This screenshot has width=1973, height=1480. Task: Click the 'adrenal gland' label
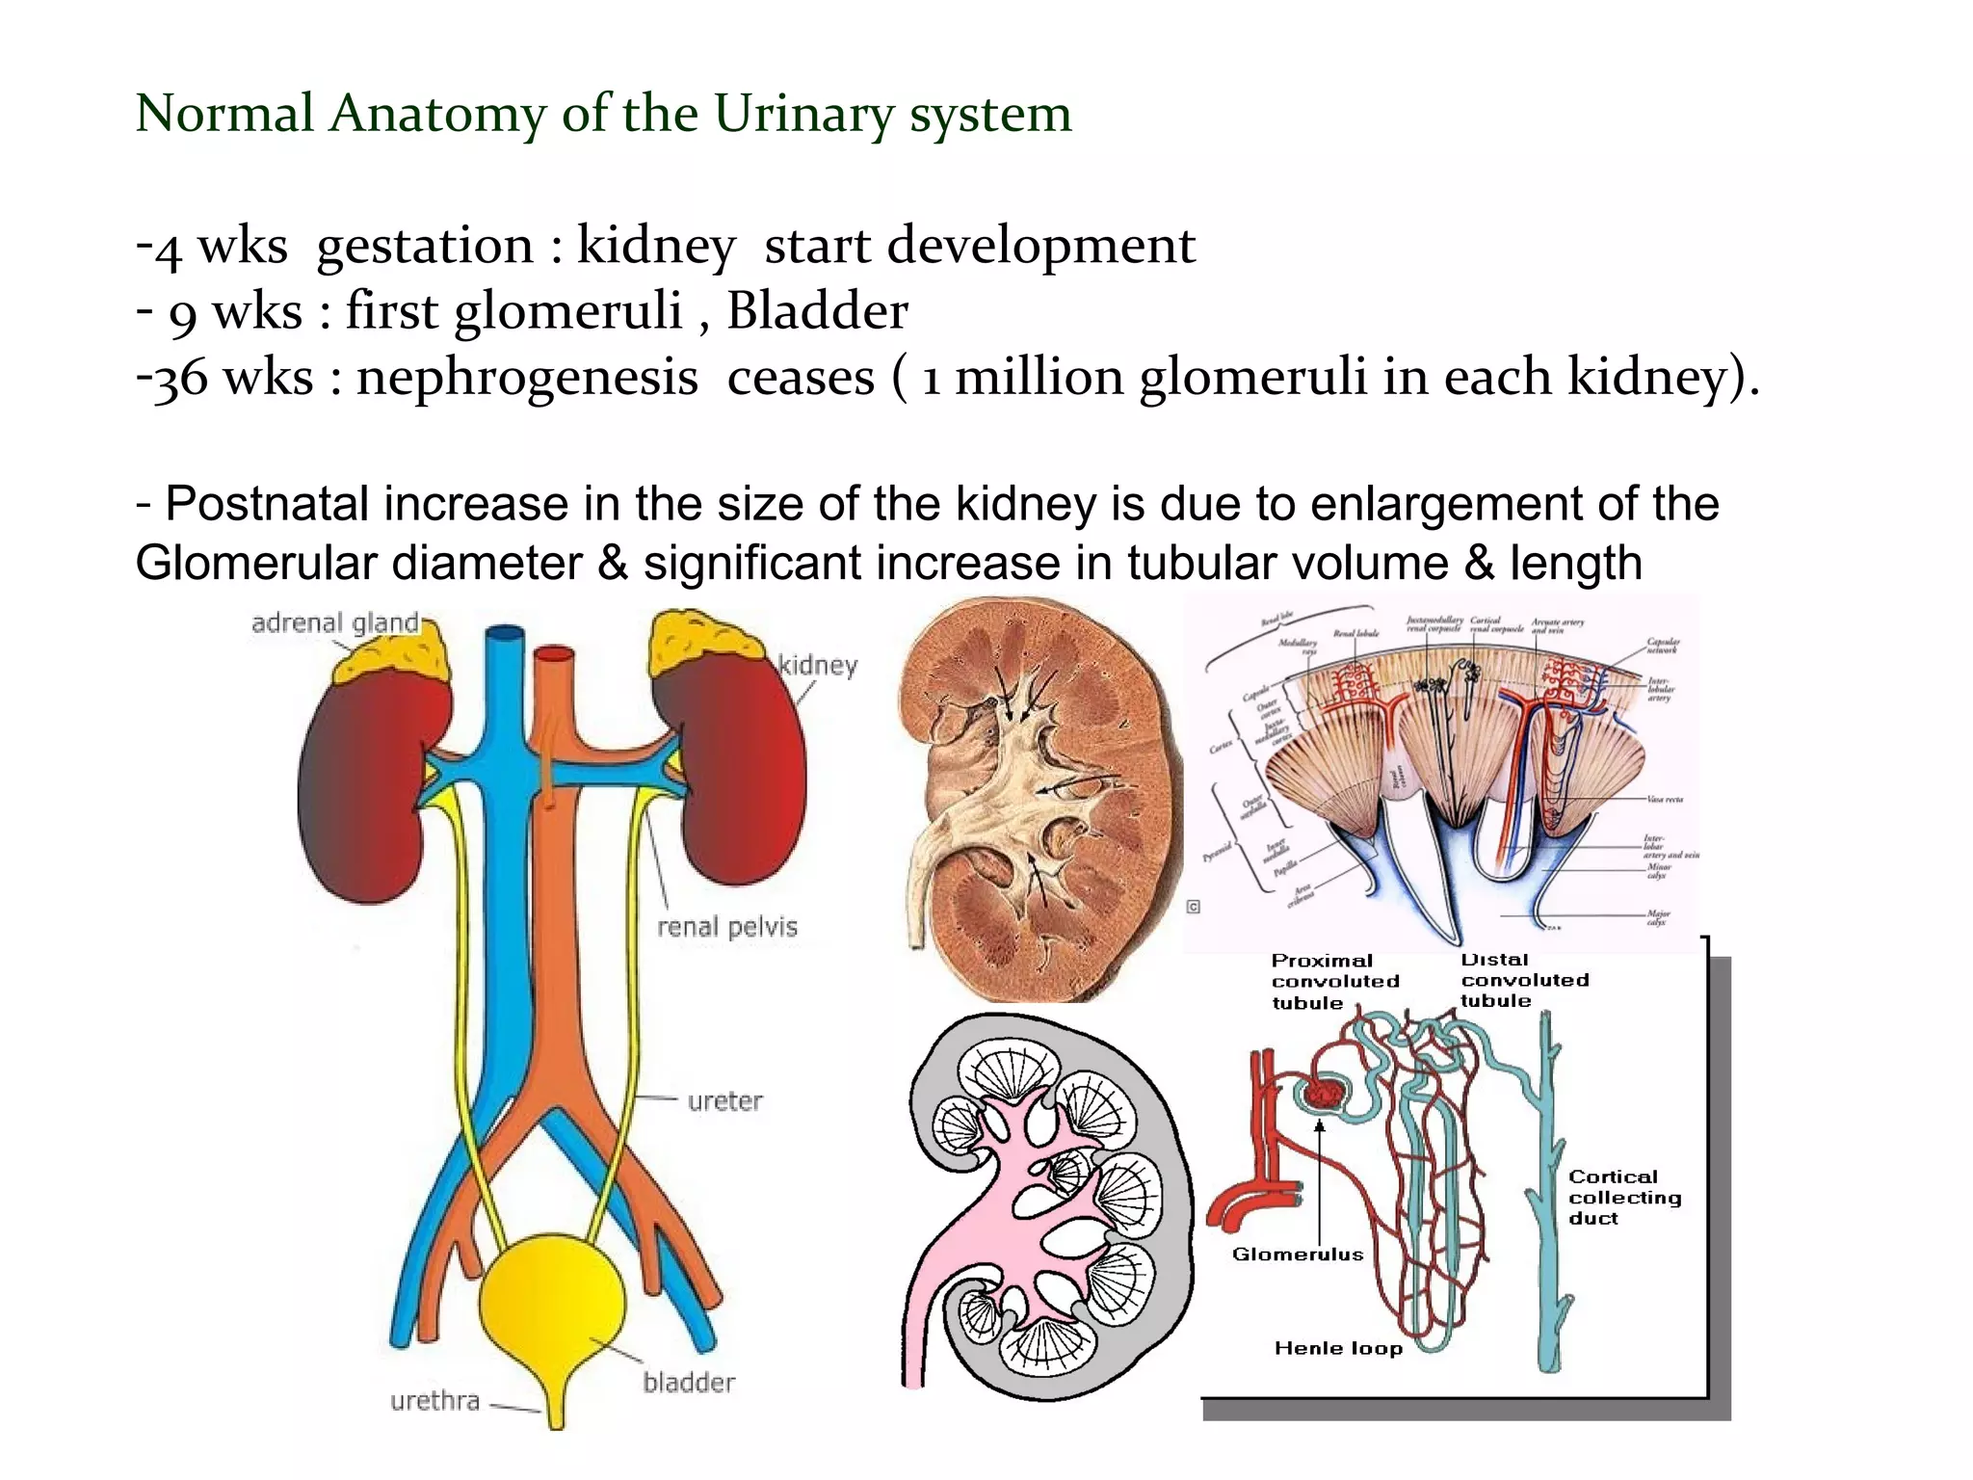(x=335, y=623)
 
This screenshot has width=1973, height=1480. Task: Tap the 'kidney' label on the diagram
(x=818, y=666)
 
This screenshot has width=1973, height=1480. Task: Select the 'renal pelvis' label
(x=727, y=927)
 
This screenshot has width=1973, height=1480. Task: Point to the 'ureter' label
(x=724, y=1100)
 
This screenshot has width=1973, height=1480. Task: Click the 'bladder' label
(x=689, y=1383)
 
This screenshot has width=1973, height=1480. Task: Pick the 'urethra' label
(x=434, y=1400)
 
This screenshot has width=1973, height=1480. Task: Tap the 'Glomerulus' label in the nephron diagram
(x=1298, y=1255)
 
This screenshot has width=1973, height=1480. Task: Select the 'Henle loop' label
(x=1338, y=1348)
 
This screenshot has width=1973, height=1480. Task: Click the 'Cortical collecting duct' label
(x=1624, y=1197)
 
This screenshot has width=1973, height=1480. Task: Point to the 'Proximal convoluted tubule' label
(x=1334, y=981)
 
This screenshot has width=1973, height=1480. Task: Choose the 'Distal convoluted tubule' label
(x=1524, y=980)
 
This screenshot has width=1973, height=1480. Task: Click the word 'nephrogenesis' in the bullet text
(x=527, y=377)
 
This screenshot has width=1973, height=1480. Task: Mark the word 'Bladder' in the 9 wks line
(x=817, y=311)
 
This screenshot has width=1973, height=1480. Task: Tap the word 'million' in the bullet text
(x=1039, y=377)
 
